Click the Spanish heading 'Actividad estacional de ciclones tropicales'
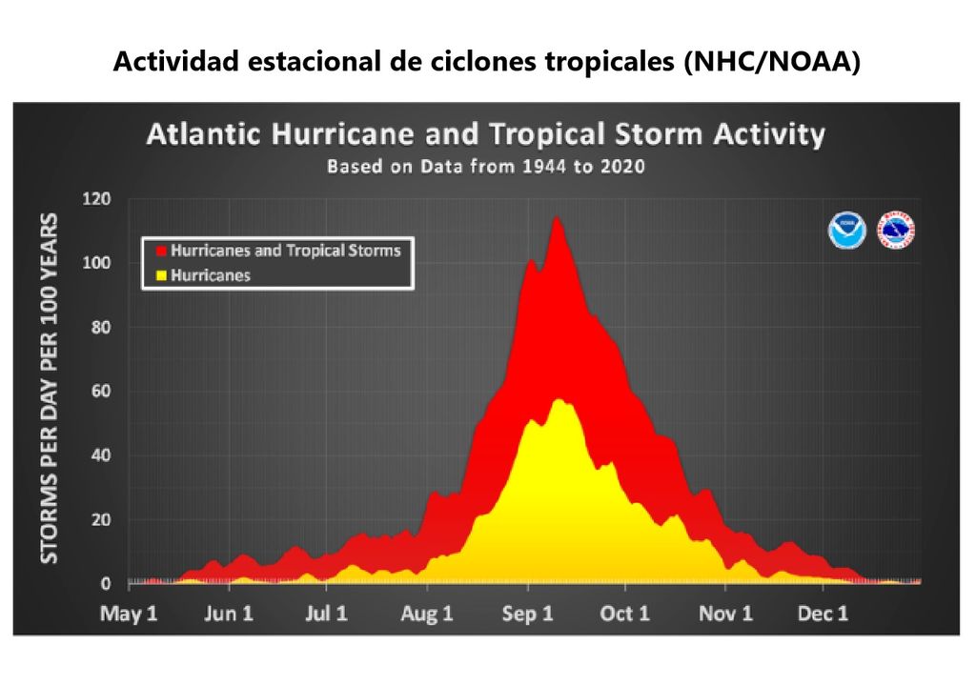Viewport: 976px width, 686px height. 487,63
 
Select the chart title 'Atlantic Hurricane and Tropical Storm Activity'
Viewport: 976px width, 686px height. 485,134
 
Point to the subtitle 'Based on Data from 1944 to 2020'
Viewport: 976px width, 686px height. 485,166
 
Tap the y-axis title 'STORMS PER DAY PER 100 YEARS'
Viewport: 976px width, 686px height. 47,389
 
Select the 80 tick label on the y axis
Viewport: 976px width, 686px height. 99,328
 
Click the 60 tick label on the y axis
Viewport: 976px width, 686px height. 99,392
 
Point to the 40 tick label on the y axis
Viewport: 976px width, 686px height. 99,455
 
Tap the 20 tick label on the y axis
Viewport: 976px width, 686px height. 99,520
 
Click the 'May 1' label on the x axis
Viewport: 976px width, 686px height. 128,614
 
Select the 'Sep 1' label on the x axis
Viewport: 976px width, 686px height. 526,614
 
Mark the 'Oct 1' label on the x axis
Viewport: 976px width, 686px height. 624,614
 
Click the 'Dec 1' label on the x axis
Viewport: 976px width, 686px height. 823,614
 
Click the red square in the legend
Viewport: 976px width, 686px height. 161,251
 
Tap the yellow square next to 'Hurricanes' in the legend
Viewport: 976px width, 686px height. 161,275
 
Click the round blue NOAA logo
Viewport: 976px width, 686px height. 846,231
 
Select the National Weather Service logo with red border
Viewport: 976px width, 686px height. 896,231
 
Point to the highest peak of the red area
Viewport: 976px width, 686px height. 555,218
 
